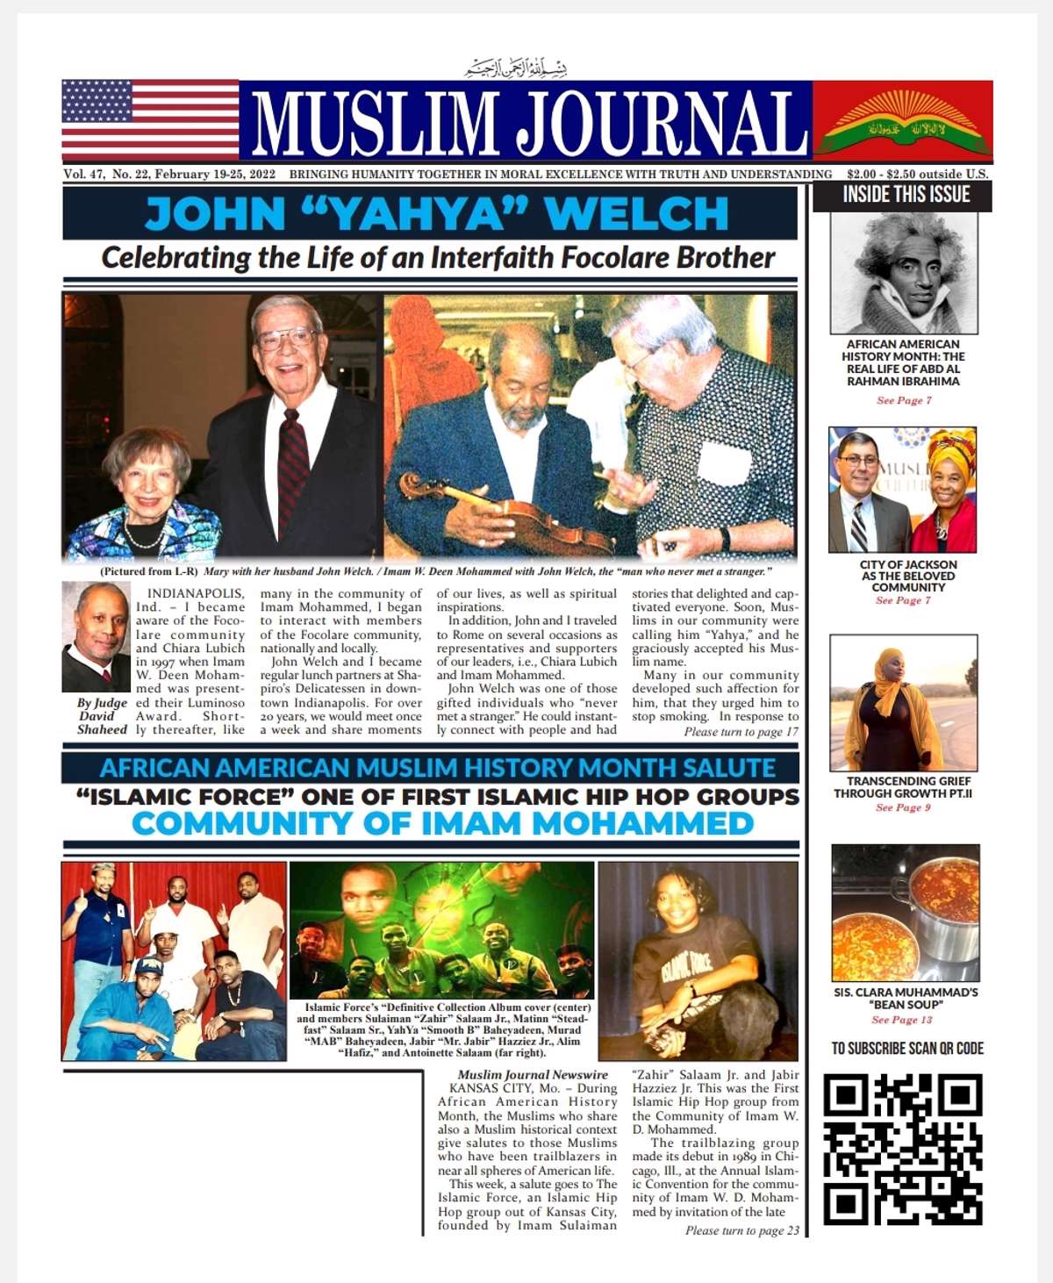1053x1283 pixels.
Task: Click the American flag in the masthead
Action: coord(150,120)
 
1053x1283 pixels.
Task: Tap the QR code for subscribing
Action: coord(903,1149)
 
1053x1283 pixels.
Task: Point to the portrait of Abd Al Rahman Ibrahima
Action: coord(904,272)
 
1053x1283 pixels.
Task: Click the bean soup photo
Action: coord(905,913)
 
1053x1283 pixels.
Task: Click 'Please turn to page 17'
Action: coord(741,732)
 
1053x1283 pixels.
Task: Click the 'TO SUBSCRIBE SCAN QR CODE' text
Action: coord(907,1048)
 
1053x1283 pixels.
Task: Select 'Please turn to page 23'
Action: coord(741,1230)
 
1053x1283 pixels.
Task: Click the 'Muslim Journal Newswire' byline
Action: coord(533,1074)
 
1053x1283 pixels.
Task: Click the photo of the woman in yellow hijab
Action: coord(904,703)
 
